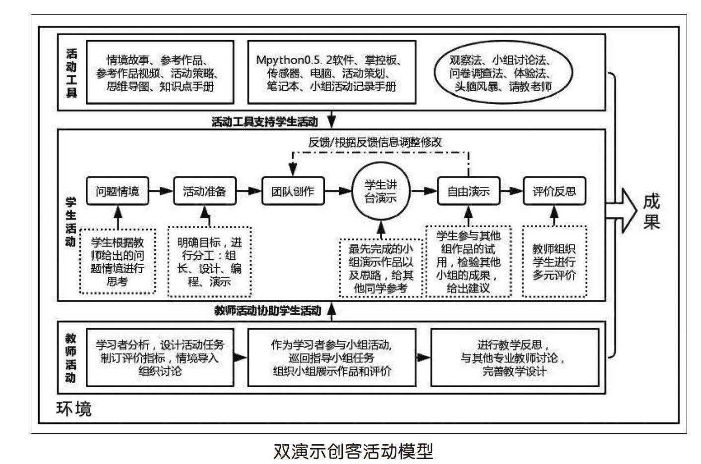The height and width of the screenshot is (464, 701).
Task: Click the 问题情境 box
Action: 117,191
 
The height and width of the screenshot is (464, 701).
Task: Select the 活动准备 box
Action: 204,191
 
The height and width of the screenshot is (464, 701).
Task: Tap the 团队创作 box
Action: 293,191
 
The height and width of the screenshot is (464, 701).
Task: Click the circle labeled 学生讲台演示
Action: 381,191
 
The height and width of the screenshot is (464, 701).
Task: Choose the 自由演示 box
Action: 468,191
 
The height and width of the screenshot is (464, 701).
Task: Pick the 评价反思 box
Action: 554,191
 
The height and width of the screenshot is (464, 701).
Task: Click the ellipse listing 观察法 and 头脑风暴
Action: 502,73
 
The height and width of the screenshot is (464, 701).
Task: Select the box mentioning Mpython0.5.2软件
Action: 331,72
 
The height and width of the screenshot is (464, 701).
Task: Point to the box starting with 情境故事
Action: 160,72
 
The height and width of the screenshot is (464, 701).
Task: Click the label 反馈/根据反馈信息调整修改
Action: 375,142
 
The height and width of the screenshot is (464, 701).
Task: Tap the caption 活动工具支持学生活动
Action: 264,121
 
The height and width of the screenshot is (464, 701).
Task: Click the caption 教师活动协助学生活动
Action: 267,311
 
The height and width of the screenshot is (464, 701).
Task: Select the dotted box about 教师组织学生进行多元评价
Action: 554,262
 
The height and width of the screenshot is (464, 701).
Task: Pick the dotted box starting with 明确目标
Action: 209,262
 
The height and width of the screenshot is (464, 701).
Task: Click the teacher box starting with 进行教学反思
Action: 514,357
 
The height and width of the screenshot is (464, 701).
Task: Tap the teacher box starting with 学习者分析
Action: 160,357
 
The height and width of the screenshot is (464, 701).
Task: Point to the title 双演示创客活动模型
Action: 353,451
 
